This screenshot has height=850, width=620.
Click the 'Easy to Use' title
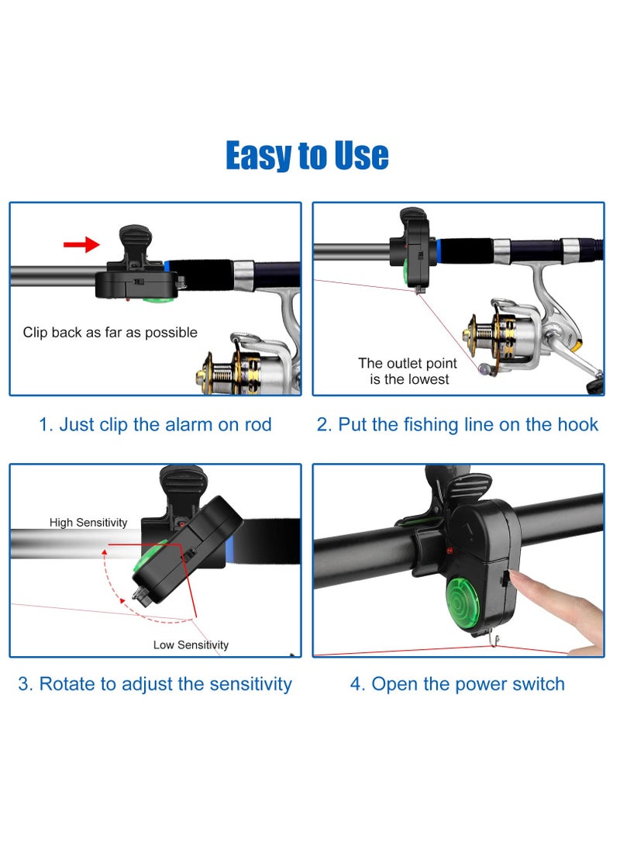(307, 155)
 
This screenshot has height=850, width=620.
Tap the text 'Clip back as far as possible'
(110, 333)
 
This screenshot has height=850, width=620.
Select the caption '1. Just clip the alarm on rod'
(155, 424)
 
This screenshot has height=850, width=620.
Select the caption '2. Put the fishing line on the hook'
(457, 424)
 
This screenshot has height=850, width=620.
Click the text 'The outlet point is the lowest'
(408, 371)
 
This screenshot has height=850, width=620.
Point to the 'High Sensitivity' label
(88, 523)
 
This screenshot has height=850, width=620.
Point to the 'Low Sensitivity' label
(191, 644)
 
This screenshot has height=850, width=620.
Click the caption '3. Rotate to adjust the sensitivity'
(155, 684)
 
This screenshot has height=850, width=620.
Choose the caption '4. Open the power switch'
(457, 684)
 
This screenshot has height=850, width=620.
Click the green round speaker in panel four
(467, 605)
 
